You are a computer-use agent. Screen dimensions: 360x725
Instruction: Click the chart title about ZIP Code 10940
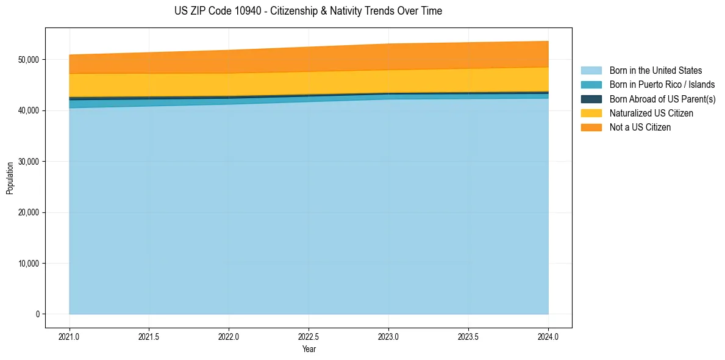tap(309, 11)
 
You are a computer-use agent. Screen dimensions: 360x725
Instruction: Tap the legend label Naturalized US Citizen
tap(651, 113)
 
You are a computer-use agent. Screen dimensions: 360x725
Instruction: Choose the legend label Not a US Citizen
tap(640, 127)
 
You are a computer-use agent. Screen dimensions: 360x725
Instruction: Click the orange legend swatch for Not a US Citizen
tap(591, 127)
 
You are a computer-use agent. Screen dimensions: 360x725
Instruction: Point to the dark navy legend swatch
tap(591, 99)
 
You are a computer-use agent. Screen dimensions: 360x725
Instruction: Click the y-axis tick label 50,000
tap(28, 60)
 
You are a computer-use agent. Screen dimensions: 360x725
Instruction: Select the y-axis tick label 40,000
tap(28, 110)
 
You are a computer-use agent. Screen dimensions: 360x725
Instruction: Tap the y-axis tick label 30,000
tap(28, 162)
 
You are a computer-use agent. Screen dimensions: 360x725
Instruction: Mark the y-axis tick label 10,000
tap(28, 264)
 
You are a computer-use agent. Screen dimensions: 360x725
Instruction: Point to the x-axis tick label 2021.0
tap(70, 336)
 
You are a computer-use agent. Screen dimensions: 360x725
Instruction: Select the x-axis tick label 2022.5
tap(309, 336)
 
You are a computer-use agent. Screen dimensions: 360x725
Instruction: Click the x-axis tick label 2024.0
tap(548, 336)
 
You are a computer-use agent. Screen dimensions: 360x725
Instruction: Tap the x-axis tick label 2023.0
tap(388, 336)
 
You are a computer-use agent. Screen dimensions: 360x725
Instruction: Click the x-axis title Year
tap(309, 349)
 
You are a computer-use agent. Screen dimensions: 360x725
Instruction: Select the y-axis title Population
tap(10, 178)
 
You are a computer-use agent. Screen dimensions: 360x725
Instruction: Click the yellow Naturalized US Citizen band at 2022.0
tap(229, 85)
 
